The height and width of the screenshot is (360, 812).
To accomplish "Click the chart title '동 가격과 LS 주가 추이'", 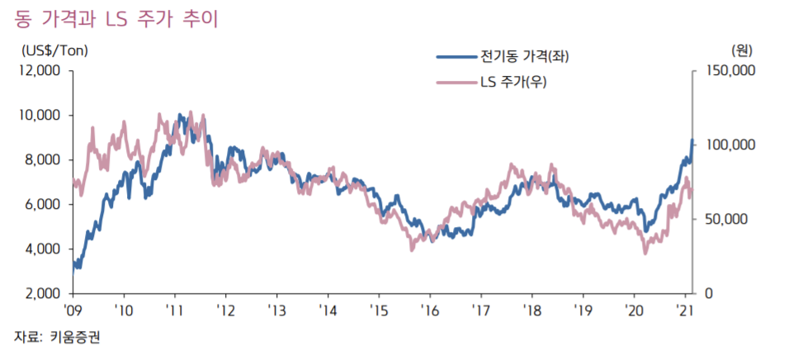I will [x=116, y=19].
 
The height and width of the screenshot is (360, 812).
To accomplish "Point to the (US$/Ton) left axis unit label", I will [x=54, y=50].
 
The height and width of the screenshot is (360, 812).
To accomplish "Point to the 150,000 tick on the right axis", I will [x=730, y=70].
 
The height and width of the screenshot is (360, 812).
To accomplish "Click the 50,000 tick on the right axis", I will [x=726, y=219].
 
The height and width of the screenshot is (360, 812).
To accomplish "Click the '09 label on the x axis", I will [x=74, y=310].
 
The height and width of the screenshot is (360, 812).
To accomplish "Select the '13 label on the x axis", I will [x=277, y=310].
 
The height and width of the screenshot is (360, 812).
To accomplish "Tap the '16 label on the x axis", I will [x=430, y=310].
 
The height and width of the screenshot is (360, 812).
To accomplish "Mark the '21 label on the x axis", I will [x=685, y=310].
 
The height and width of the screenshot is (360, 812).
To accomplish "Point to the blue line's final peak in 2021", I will [x=692, y=141].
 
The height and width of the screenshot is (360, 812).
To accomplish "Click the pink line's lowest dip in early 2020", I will [x=645, y=252].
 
